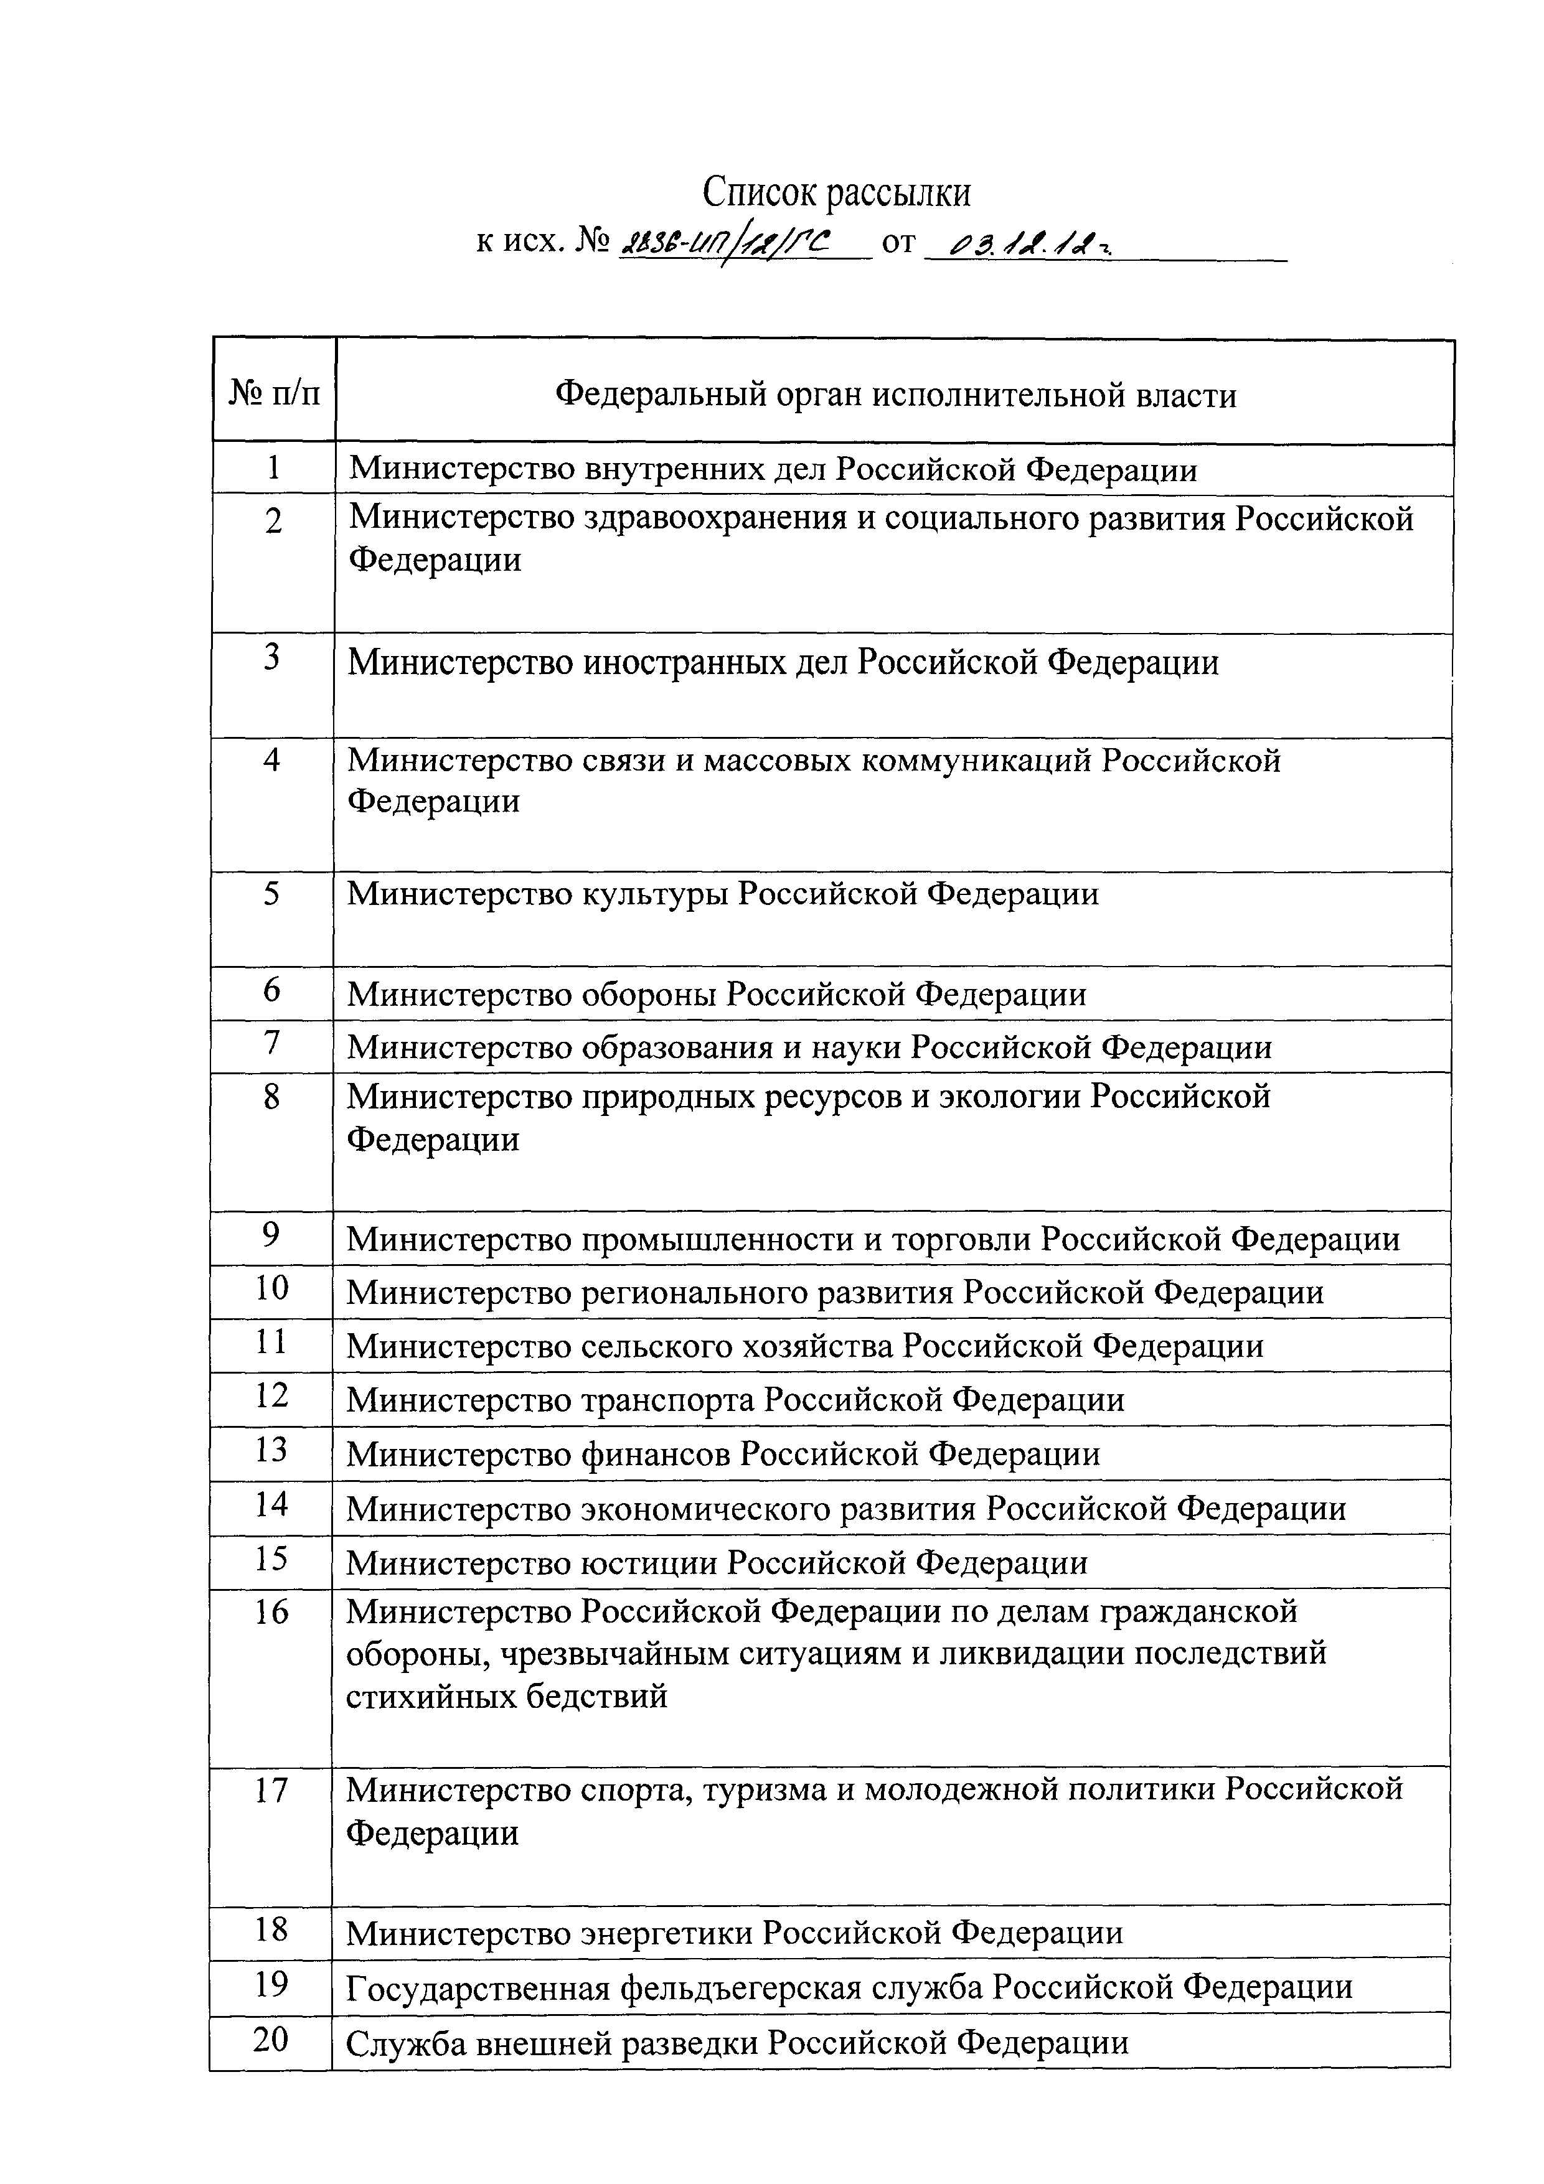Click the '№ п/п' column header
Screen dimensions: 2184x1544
point(275,392)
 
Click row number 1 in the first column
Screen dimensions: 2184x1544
point(274,468)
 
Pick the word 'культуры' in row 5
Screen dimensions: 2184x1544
point(656,894)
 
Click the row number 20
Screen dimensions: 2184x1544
point(271,2040)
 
